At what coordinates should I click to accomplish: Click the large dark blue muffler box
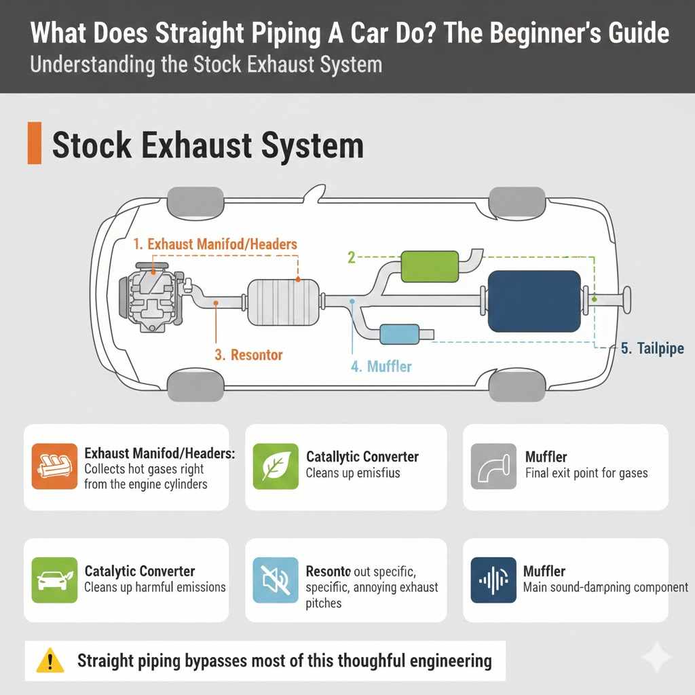click(534, 301)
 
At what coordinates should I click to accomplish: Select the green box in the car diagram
click(430, 266)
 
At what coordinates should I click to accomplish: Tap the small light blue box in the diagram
click(399, 334)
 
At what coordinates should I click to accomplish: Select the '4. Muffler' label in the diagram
click(381, 367)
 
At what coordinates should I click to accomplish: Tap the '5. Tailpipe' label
click(652, 348)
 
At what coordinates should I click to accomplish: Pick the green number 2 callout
click(352, 257)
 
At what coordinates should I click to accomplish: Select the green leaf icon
click(275, 467)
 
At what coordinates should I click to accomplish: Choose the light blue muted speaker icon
click(275, 580)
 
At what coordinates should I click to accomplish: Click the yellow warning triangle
click(50, 660)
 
